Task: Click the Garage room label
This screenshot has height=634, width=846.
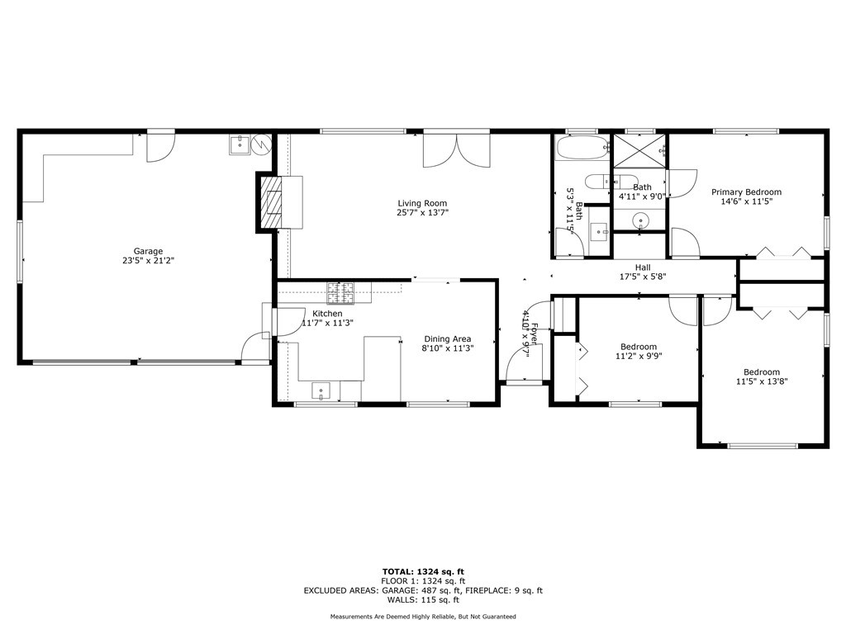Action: pos(149,251)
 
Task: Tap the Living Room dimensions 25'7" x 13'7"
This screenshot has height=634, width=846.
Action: pos(422,212)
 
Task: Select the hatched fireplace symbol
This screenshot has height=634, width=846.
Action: pos(272,202)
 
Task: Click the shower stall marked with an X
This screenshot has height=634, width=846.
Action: pos(640,150)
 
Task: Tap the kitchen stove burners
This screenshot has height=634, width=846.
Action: pos(340,293)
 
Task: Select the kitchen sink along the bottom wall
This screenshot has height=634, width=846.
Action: pos(321,390)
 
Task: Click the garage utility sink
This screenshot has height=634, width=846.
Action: pos(240,144)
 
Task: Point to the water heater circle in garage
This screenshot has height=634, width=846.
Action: pos(262,144)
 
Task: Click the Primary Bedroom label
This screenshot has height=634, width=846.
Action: pos(746,192)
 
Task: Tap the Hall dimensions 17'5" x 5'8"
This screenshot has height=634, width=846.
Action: pos(643,277)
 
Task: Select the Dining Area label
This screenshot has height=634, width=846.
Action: pos(447,339)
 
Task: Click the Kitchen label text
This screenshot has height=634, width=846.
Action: pos(327,314)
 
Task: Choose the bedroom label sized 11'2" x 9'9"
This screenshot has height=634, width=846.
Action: pos(639,347)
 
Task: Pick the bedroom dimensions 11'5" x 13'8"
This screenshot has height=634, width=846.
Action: pos(762,381)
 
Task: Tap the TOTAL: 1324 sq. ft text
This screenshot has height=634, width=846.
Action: pos(423,571)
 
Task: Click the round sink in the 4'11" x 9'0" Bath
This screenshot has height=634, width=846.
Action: pos(640,220)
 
